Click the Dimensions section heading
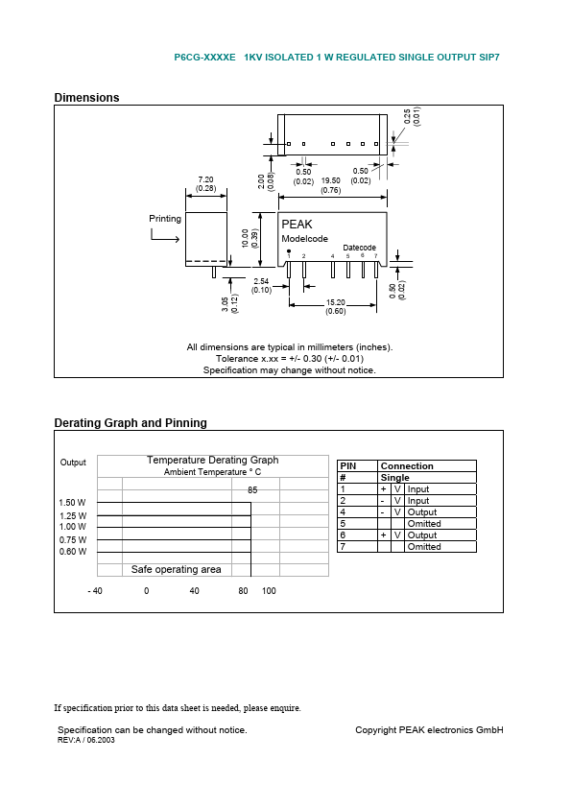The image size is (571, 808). (86, 98)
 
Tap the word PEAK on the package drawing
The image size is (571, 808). (297, 225)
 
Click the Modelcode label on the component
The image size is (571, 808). (304, 239)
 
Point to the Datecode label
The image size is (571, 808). (360, 248)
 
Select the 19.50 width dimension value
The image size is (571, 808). (330, 180)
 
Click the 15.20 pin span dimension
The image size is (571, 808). (335, 301)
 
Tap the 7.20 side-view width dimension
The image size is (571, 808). (205, 179)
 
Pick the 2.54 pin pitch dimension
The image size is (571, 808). (261, 280)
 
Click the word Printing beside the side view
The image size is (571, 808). (165, 219)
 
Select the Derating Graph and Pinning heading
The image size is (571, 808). (130, 423)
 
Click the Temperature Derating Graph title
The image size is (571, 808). (212, 461)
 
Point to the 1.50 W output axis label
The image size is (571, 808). (72, 503)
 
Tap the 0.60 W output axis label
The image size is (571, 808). (72, 552)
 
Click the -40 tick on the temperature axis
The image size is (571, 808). (95, 591)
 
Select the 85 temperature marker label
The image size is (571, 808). (252, 490)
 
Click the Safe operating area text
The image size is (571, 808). (176, 570)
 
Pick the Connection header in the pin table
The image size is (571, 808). (407, 466)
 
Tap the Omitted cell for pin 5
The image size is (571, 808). (424, 524)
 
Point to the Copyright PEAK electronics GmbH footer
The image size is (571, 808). (429, 730)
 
